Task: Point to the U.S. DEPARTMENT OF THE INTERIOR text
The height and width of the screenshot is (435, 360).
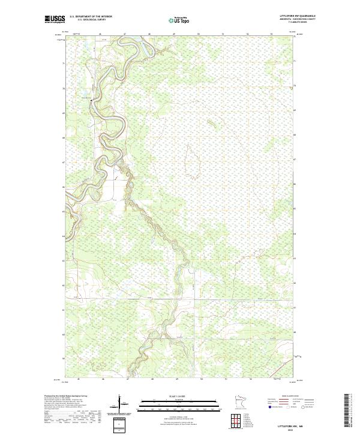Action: (x=91, y=16)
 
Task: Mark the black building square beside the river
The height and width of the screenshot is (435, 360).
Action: (x=91, y=101)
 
